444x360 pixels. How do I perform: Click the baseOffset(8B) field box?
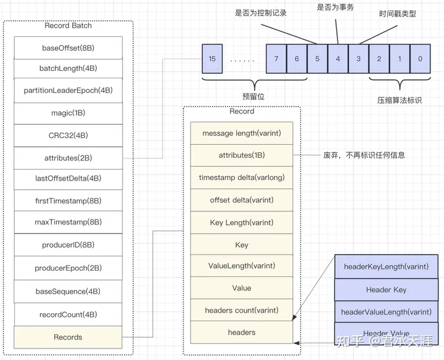tap(68, 47)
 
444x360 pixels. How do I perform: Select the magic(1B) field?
tap(68, 113)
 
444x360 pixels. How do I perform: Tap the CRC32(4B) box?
tap(68, 135)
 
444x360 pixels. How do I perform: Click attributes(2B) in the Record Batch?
tap(68, 158)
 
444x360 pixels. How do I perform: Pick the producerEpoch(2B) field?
tap(68, 268)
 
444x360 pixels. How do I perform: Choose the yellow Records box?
tap(68, 337)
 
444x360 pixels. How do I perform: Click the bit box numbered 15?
tap(213, 59)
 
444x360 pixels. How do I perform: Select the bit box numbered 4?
tap(337, 59)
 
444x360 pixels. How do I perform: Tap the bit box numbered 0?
tap(420, 59)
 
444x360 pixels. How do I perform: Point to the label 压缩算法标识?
tap(399, 99)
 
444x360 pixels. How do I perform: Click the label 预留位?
tap(253, 97)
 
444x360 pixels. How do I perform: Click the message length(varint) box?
tap(242, 133)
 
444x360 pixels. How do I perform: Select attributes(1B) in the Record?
tap(242, 155)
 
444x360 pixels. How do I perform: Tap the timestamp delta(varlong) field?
tap(242, 178)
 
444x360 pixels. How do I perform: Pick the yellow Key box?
tap(242, 245)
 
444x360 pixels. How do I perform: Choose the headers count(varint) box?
tap(242, 310)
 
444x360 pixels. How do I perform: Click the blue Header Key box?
tap(386, 290)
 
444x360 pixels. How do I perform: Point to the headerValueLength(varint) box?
tap(386, 312)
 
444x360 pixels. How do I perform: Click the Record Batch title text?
tap(68, 26)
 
